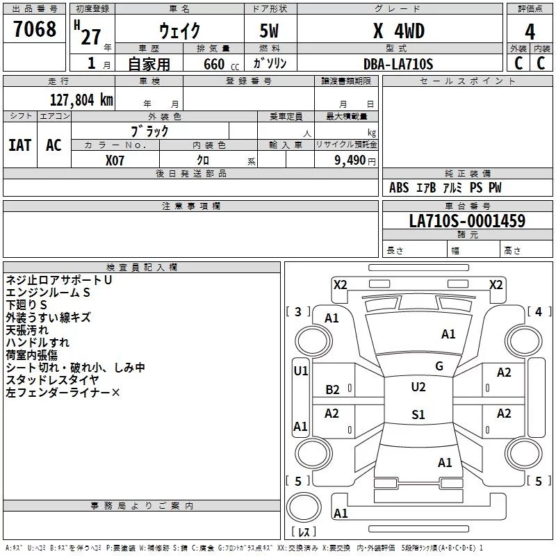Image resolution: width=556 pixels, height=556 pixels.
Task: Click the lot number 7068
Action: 35,31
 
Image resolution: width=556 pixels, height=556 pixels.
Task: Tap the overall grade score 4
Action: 530,32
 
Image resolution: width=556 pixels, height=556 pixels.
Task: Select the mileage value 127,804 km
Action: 81,100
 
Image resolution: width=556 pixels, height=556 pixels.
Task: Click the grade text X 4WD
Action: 398,31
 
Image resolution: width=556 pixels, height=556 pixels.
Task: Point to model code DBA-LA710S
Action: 398,64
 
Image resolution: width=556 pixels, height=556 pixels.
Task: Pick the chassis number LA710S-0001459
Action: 467,222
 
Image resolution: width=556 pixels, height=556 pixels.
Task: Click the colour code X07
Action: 115,160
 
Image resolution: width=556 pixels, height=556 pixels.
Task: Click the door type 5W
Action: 270,32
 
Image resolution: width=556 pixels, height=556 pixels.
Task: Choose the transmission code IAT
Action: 19,145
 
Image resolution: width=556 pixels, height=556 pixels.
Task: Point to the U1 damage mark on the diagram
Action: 301,371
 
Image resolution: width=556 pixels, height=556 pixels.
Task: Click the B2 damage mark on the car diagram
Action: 333,390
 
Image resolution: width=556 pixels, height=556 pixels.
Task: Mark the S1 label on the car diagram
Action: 418,415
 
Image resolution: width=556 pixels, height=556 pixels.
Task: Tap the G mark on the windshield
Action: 439,366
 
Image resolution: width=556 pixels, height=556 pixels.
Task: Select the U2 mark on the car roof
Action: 418,387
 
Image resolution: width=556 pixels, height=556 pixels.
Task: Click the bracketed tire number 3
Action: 299,312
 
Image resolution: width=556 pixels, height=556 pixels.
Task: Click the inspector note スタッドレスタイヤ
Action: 53,380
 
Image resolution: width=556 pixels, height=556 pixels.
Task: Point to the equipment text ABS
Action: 399,188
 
